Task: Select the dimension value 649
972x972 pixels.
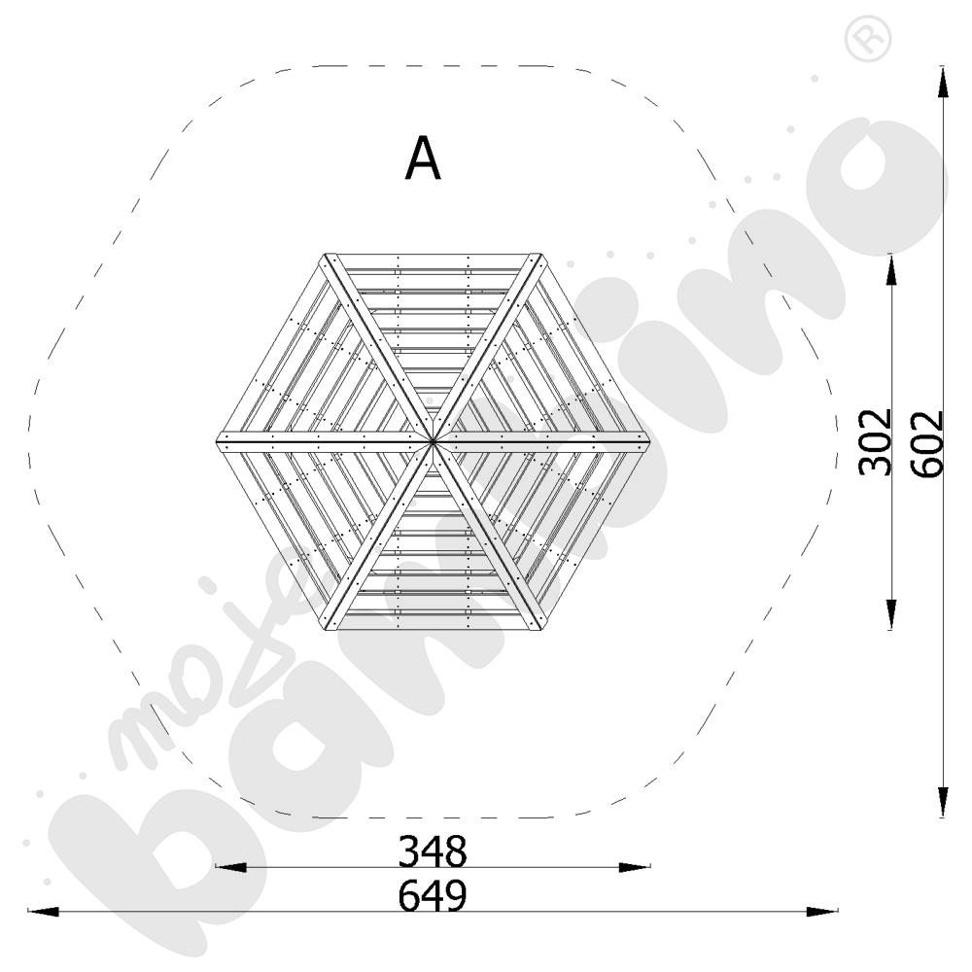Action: point(433,896)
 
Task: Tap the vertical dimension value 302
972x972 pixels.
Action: point(875,441)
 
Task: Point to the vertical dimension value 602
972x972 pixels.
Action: point(927,443)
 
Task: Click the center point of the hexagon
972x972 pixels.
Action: point(433,441)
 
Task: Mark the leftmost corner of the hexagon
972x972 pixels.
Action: point(217,441)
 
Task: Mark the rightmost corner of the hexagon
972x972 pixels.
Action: point(649,441)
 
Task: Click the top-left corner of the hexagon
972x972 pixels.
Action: point(325,254)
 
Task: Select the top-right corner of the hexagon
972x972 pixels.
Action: point(541,254)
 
